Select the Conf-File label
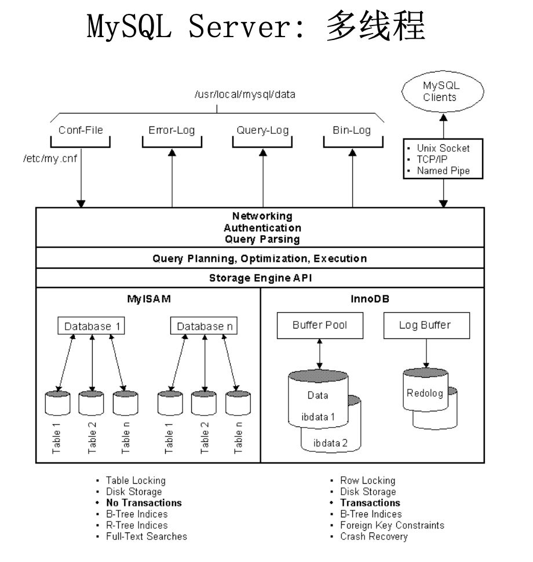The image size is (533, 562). (81, 130)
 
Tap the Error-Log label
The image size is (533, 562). (171, 130)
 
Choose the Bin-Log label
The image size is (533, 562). (352, 130)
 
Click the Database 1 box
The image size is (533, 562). (92, 326)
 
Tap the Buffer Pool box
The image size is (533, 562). (320, 325)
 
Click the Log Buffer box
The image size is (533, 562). (425, 325)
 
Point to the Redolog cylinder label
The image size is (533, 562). (425, 393)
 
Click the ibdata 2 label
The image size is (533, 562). (330, 443)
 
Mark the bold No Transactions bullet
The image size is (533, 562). (144, 503)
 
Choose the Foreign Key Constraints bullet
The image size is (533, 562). (392, 525)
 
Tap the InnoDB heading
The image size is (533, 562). (373, 300)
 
